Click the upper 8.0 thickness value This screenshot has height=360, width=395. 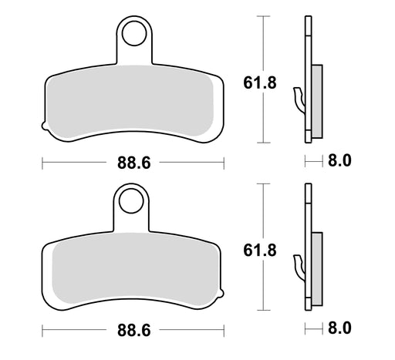point(339,161)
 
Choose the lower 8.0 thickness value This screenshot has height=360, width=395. point(339,328)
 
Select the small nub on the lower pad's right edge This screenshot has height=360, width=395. point(225,294)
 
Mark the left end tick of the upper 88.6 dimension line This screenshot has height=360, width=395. point(41,163)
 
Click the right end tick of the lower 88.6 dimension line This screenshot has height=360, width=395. point(224,329)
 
